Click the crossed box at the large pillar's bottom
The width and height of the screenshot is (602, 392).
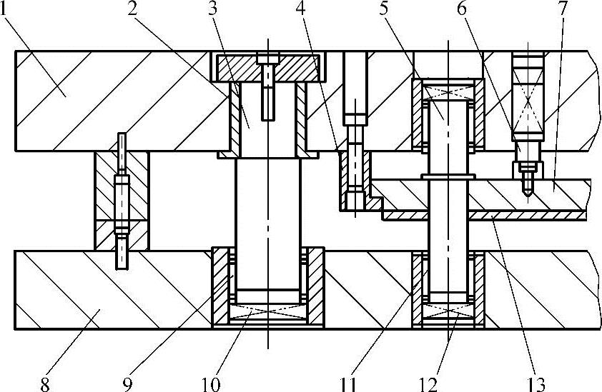click(x=268, y=311)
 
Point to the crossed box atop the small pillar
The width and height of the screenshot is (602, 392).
click(x=448, y=92)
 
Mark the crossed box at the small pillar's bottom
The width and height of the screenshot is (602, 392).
click(x=448, y=311)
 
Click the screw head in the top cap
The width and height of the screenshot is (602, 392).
click(x=268, y=58)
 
